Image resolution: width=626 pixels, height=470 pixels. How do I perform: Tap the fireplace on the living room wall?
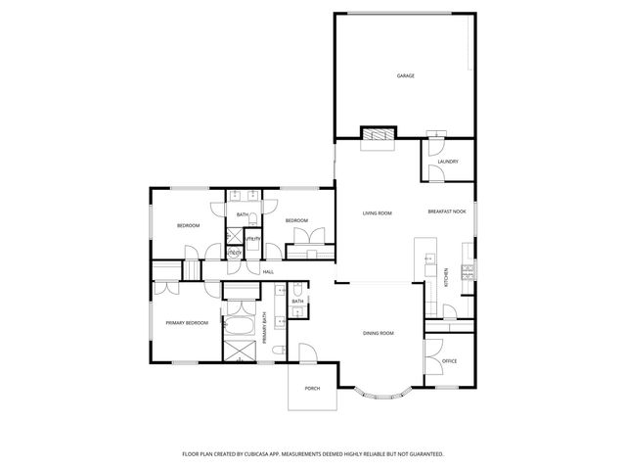point(378,136)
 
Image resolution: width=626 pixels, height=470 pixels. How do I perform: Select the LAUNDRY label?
point(448,162)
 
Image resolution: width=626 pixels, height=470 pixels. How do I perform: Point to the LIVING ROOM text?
point(378,212)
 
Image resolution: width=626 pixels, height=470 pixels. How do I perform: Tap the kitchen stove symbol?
point(468,271)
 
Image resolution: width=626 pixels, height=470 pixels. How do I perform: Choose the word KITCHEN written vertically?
point(447,277)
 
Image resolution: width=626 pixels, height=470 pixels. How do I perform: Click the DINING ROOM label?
point(379,334)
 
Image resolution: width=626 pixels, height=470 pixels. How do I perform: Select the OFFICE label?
point(450,361)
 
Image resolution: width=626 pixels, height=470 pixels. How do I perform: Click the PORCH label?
point(312,389)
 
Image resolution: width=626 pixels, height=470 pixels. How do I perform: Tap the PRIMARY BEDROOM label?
point(185,322)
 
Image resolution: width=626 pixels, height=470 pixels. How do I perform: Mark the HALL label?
point(267,271)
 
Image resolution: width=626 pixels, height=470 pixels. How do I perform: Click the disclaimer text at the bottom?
point(313,454)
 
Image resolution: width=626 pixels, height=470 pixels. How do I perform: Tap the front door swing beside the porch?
point(307,352)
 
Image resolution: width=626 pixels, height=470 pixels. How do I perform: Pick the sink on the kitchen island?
point(427,259)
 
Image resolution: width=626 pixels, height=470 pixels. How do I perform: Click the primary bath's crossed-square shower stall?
point(240,350)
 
